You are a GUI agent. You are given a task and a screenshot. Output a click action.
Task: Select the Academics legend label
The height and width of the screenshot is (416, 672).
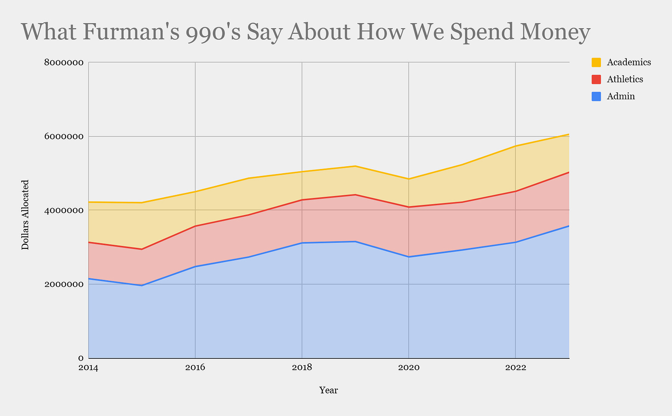point(629,62)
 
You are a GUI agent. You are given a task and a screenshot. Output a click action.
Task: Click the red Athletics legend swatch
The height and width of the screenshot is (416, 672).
point(596,79)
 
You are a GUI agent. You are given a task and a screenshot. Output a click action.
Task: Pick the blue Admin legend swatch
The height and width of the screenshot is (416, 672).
point(596,96)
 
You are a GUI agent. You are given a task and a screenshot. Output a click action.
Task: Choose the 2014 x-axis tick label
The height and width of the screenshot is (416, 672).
point(89,368)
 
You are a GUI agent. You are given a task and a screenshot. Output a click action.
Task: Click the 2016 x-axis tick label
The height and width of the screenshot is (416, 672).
point(195,368)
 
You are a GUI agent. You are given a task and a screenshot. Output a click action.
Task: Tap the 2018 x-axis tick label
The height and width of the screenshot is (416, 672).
point(302,368)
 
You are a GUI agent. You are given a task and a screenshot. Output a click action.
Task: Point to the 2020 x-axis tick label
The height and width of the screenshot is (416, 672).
point(408,368)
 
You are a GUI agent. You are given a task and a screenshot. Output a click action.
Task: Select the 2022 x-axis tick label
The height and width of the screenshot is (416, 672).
point(515,368)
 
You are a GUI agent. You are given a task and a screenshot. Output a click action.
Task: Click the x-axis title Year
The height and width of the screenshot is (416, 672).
point(329,390)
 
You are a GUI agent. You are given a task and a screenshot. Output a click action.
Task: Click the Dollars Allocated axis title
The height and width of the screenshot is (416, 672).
point(25,215)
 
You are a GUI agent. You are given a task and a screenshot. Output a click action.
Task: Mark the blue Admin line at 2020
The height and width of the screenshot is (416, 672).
point(408,257)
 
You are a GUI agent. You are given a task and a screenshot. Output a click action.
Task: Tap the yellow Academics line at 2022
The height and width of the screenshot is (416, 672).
point(515,146)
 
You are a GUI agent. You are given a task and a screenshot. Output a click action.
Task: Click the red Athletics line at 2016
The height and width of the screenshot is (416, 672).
point(195,226)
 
